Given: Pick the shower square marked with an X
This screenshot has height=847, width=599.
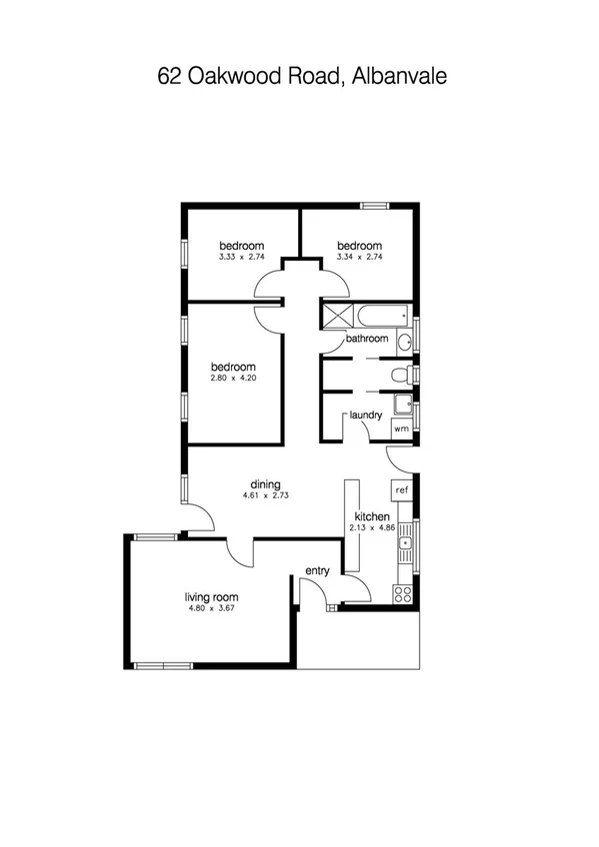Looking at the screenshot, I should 333,317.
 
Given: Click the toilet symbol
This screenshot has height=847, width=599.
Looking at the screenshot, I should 400,376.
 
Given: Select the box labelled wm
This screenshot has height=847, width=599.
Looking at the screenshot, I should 401,428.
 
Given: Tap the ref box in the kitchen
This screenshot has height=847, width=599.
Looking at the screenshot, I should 402,490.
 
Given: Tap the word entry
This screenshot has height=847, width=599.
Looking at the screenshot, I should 317,571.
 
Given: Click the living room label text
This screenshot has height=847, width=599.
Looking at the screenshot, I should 210,597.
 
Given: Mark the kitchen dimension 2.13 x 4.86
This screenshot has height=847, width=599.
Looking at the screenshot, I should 370,528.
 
